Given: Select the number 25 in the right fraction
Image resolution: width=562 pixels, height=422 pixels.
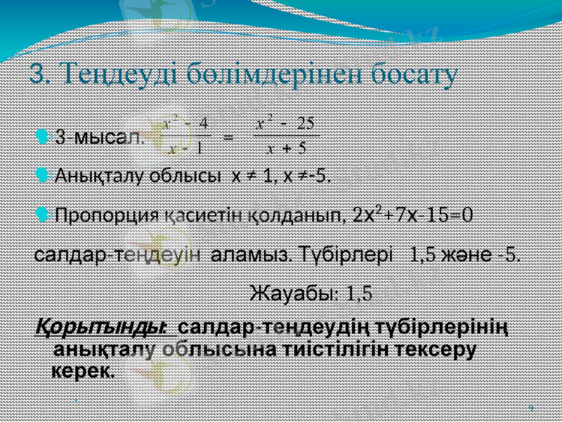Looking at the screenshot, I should [x=305, y=124].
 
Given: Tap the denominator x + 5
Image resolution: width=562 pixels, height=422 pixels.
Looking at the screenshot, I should [x=287, y=148].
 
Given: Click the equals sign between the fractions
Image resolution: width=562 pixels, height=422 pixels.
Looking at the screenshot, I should [x=228, y=136].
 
